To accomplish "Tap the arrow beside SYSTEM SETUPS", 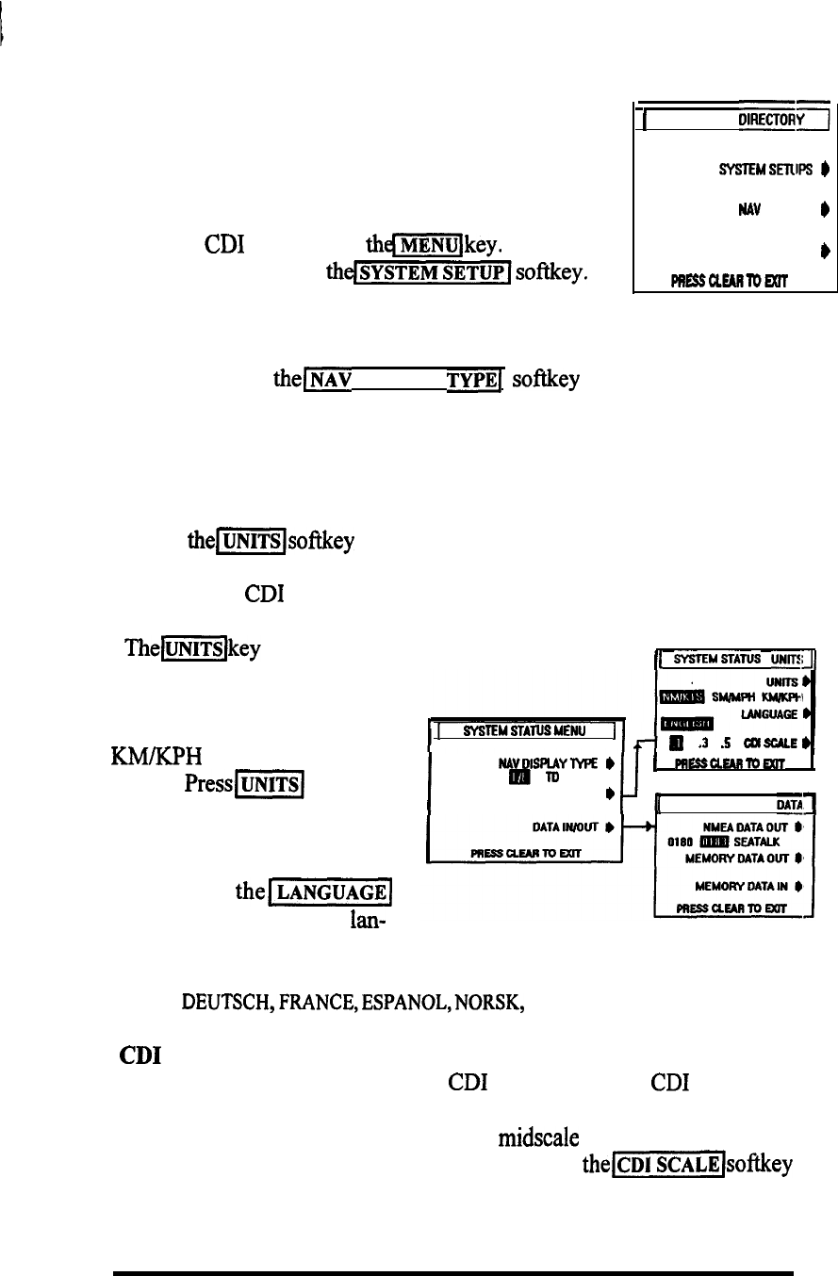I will (x=824, y=170).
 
